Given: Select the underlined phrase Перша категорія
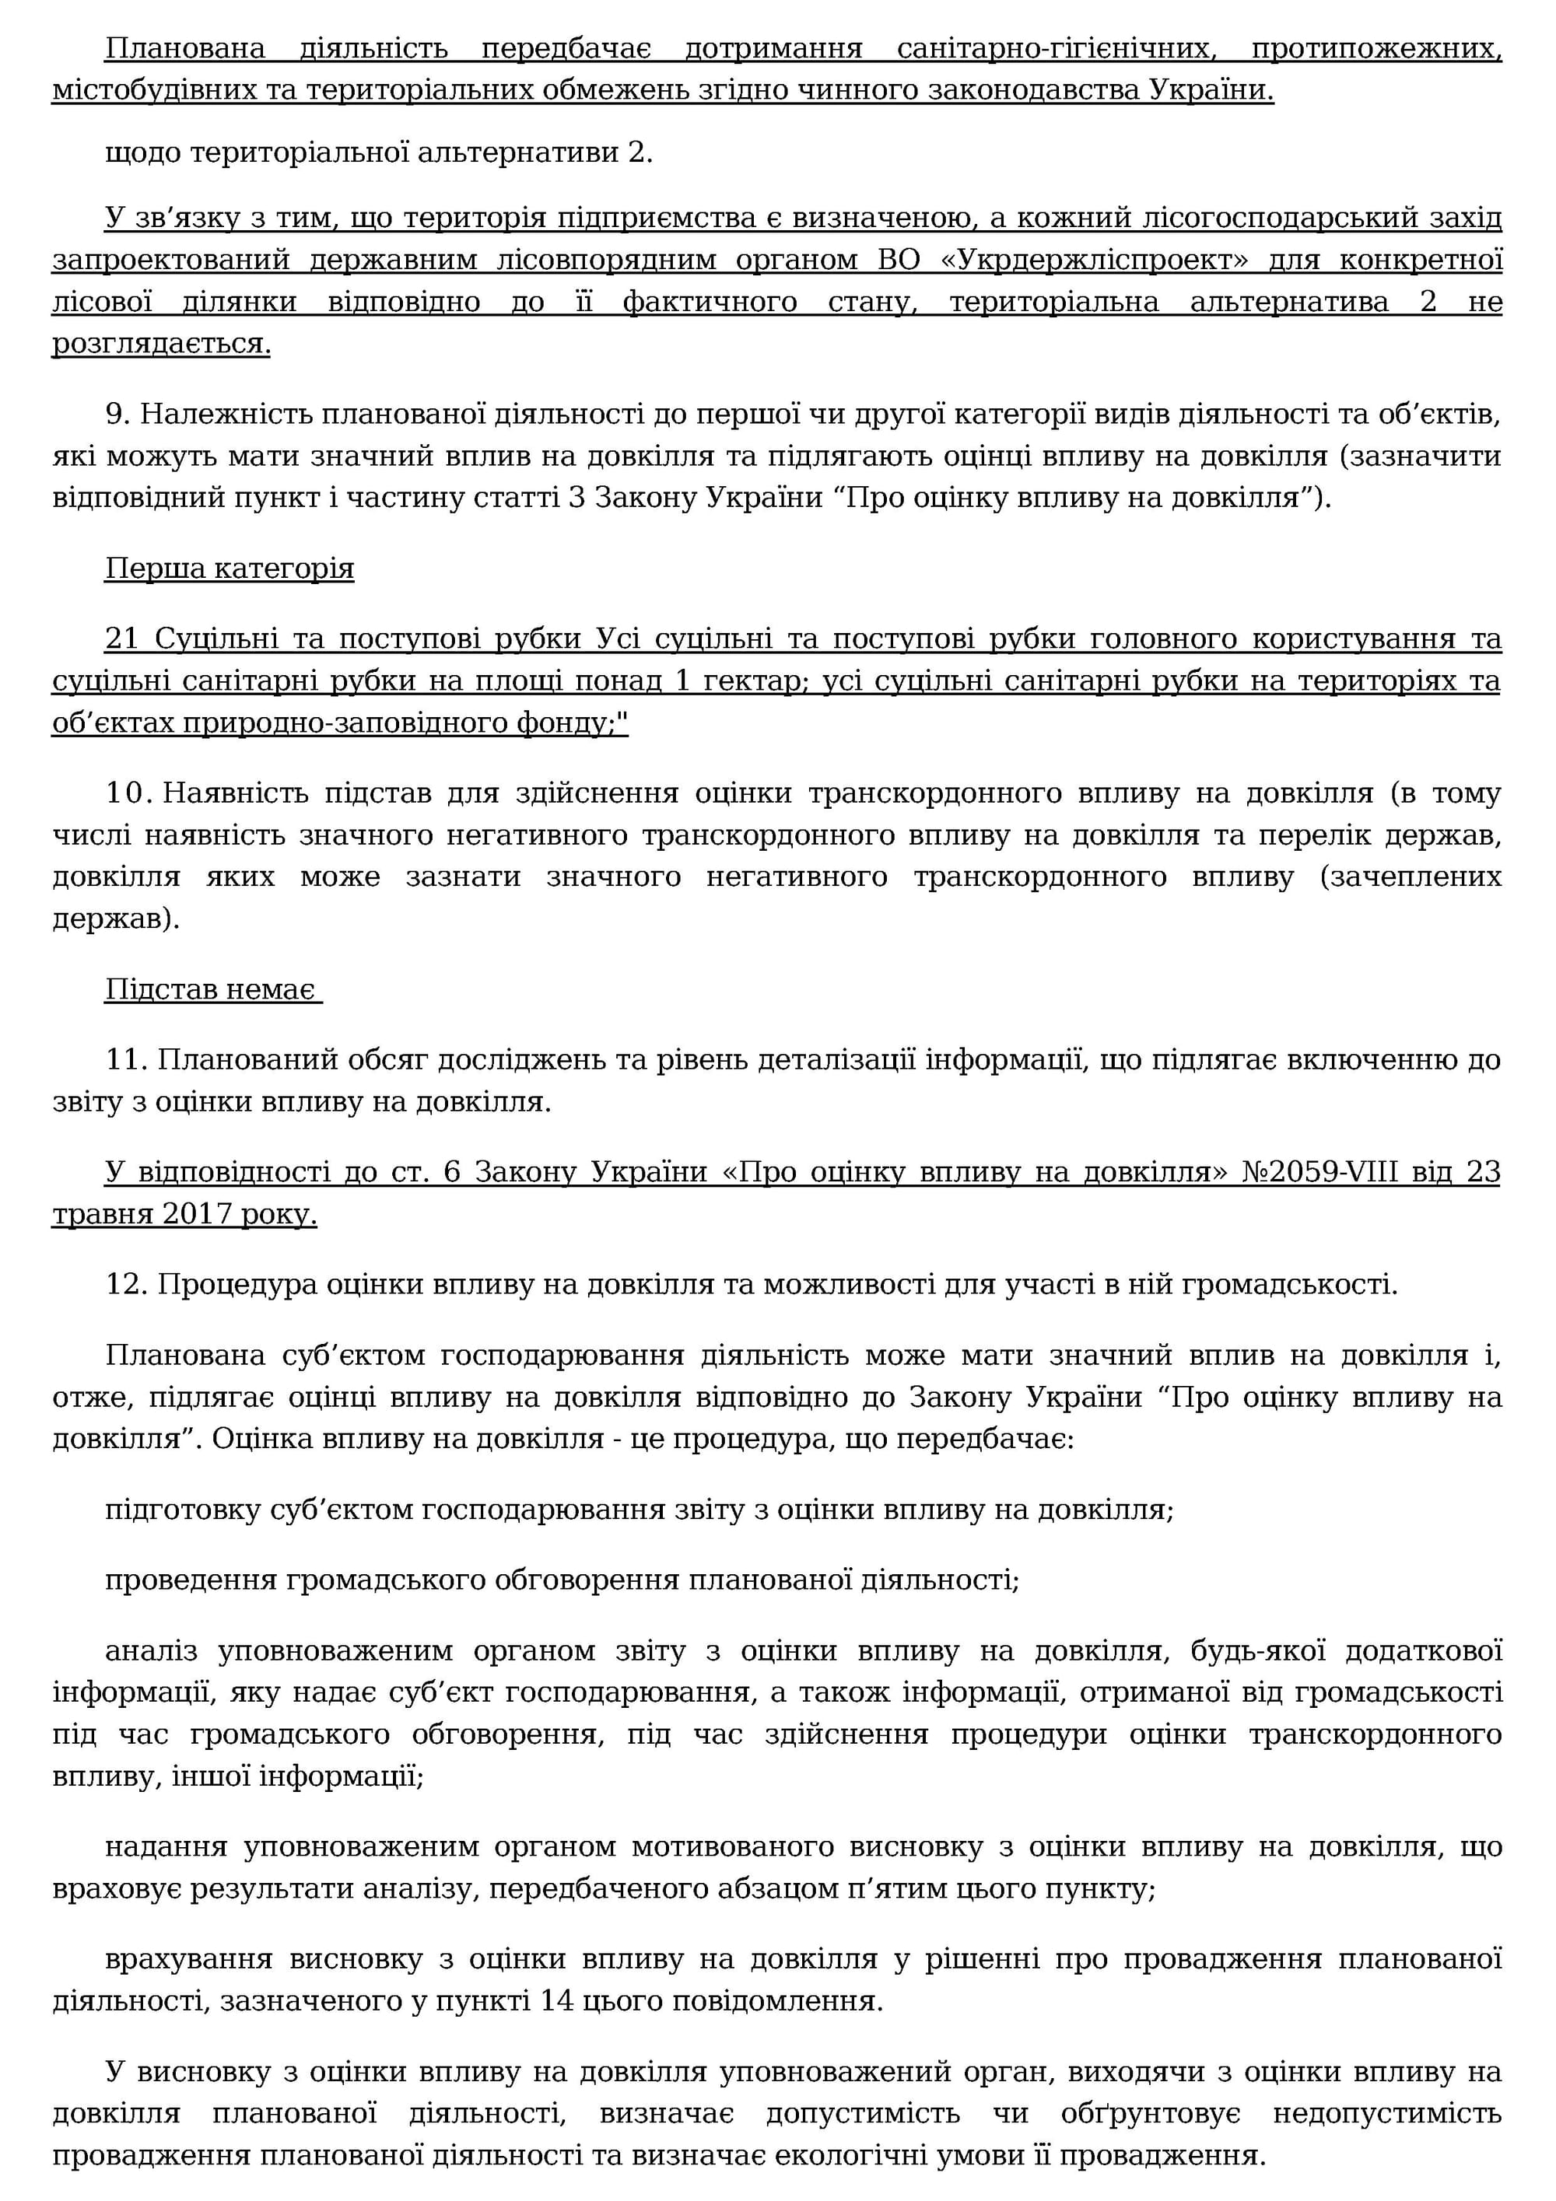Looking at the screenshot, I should click(x=230, y=569).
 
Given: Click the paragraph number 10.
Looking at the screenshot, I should click(x=124, y=794).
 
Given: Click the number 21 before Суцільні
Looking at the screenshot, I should click(x=122, y=639).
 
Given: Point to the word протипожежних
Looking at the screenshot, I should click(x=1377, y=48).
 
